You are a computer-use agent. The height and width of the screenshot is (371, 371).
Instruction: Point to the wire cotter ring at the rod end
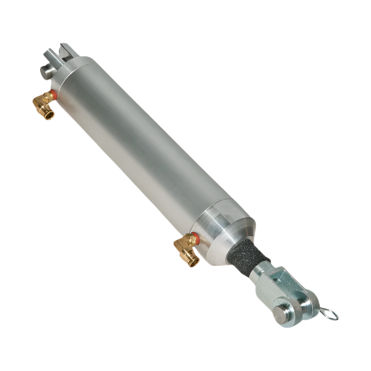click(328, 313)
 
